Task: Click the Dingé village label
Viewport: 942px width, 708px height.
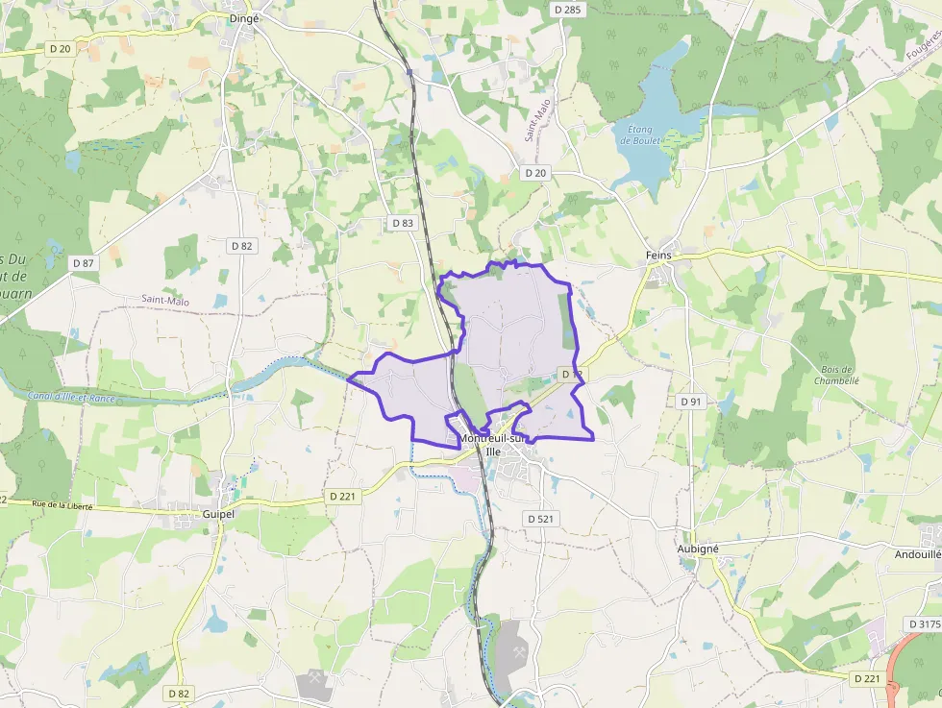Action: pyautogui.click(x=244, y=17)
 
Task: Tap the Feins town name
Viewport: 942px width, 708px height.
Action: pyautogui.click(x=658, y=256)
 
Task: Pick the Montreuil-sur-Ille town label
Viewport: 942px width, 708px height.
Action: pyautogui.click(x=494, y=445)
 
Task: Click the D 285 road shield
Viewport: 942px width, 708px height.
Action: pyautogui.click(x=568, y=10)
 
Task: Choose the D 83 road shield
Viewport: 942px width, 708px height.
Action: pyautogui.click(x=403, y=223)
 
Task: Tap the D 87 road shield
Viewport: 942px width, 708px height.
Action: pyautogui.click(x=84, y=262)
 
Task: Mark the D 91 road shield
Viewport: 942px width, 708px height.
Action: pyautogui.click(x=690, y=401)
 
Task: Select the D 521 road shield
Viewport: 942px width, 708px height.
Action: pyautogui.click(x=541, y=519)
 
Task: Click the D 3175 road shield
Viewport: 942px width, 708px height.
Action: pyautogui.click(x=924, y=624)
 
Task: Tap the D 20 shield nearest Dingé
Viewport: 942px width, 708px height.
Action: pyautogui.click(x=60, y=48)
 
